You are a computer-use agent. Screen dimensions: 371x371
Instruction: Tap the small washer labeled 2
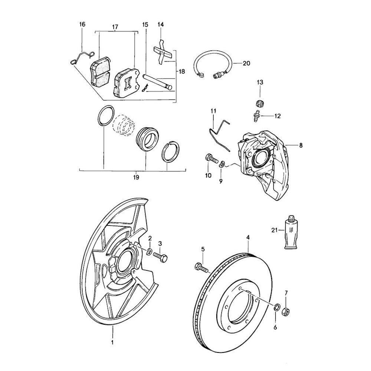(x=148, y=252)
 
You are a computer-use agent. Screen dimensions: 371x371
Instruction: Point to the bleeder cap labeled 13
(x=260, y=104)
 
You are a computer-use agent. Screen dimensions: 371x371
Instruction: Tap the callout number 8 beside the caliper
(x=301, y=145)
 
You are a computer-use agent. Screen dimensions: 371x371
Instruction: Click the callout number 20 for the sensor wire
(x=246, y=63)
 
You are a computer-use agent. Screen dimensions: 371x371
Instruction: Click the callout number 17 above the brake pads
(x=115, y=27)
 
